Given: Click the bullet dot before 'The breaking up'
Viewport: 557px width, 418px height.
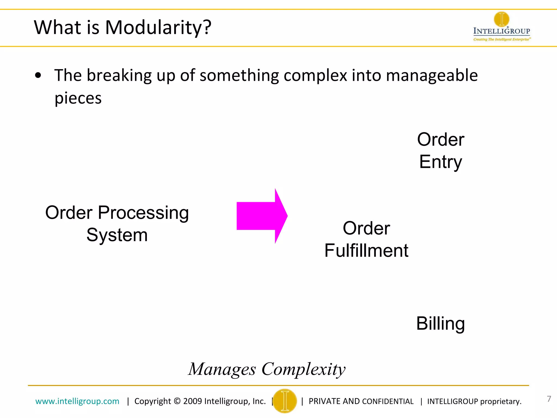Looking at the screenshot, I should [38, 76].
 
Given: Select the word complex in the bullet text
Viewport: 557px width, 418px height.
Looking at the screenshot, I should [315, 76].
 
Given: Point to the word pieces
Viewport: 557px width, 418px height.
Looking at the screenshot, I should [78, 99].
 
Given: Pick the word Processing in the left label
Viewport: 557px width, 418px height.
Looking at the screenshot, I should [143, 213].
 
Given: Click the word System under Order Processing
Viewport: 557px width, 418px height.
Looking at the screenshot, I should [117, 235].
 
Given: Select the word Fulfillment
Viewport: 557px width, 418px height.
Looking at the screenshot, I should [366, 251].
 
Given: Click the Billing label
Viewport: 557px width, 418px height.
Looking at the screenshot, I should [440, 324].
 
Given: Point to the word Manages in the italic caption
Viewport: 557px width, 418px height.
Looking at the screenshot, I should [222, 370].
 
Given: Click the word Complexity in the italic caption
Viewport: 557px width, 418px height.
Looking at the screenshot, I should [303, 370].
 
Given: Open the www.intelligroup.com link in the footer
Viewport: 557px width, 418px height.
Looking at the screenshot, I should [77, 401].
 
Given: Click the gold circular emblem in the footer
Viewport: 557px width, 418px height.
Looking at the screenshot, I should [285, 401].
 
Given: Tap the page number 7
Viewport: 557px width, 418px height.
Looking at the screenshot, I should [549, 399].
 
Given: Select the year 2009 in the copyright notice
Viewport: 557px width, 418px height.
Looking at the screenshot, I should [192, 401].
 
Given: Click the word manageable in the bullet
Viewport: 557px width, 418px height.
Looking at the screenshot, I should [432, 76].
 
